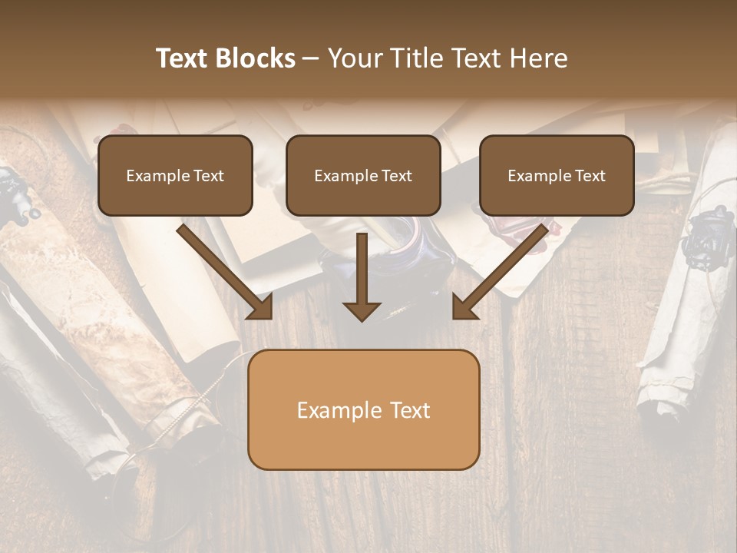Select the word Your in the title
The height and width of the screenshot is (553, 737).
coord(355,58)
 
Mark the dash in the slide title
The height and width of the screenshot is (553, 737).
coord(311,59)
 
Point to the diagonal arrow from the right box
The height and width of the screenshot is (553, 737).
coord(501,271)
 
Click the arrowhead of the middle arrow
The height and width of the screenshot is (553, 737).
coord(362,310)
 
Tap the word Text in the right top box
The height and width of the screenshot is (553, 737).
coord(590,176)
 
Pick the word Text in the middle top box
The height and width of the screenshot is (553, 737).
coord(396,176)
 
